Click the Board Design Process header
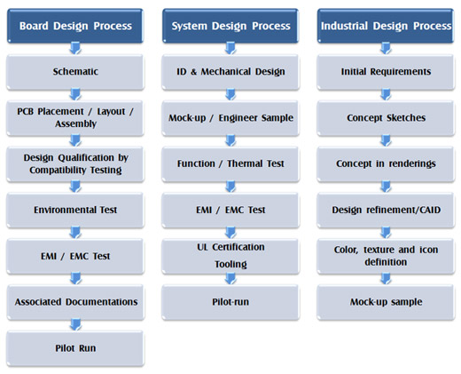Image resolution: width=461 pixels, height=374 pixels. click(75, 26)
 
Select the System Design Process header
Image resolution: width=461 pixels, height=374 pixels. click(230, 26)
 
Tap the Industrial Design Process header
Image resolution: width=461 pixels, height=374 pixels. click(386, 26)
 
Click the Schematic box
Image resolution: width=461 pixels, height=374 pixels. click(75, 72)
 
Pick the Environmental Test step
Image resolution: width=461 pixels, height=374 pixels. click(75, 210)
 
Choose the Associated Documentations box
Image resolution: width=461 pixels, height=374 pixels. click(75, 302)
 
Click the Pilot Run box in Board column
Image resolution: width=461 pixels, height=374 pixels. click(75, 348)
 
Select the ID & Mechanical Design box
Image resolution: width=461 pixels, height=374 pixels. click(230, 72)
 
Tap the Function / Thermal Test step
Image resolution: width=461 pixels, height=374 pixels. click(230, 163)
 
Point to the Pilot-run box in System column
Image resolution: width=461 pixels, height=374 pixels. click(230, 302)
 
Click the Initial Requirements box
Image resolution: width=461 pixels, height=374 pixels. click(386, 72)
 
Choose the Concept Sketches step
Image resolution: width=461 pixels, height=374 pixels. click(386, 118)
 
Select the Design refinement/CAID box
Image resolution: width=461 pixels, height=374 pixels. click(386, 210)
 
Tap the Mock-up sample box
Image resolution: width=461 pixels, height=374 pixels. click(386, 302)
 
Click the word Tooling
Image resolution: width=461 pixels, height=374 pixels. click(230, 264)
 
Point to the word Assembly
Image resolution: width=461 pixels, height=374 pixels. click(75, 123)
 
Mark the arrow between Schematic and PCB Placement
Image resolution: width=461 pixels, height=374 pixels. click(75, 94)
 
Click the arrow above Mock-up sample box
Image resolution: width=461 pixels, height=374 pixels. click(386, 279)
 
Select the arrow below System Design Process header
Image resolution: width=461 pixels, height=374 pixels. click(230, 48)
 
